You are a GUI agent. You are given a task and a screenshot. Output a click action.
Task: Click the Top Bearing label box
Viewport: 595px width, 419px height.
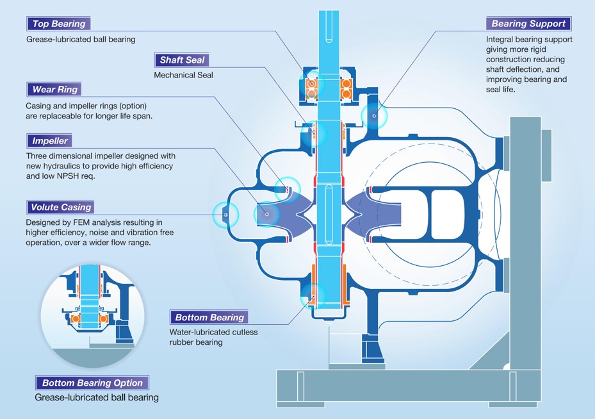coord(58,24)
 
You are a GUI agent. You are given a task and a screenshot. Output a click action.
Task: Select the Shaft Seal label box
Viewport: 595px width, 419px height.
coord(182,60)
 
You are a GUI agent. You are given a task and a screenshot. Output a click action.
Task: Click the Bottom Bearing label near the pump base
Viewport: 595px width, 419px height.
coord(209,317)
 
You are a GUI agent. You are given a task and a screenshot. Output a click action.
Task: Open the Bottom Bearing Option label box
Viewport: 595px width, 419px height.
coord(92,383)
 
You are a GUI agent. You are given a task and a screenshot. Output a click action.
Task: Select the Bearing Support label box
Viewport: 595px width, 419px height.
coord(528,24)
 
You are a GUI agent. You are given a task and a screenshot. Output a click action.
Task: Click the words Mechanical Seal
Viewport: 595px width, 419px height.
coord(183,75)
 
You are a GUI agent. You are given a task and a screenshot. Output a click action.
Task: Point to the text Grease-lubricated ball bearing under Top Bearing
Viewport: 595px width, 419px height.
coord(81,39)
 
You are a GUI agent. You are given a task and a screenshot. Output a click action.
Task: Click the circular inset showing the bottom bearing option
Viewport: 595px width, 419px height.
coord(88,313)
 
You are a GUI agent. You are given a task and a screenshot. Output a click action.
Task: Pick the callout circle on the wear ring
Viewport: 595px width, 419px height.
coord(287,188)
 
